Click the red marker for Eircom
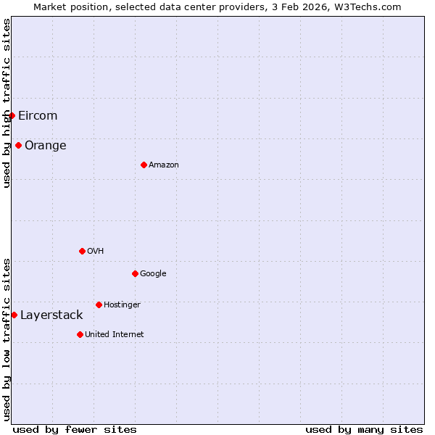click(x=12, y=115)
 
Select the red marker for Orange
click(x=18, y=145)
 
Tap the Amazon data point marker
click(x=144, y=165)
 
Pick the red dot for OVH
click(x=82, y=251)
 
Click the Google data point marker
click(x=135, y=273)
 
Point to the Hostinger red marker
click(x=99, y=304)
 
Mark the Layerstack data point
click(x=14, y=315)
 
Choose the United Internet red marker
click(x=80, y=334)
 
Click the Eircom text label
click(x=38, y=116)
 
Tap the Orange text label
click(x=46, y=146)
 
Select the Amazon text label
click(x=164, y=165)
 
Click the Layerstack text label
click(x=51, y=315)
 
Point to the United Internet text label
click(x=115, y=335)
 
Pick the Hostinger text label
click(x=122, y=305)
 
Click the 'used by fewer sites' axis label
click(x=75, y=429)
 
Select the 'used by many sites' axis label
click(x=364, y=429)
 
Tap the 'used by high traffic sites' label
click(x=7, y=103)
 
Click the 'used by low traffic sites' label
click(x=7, y=339)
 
